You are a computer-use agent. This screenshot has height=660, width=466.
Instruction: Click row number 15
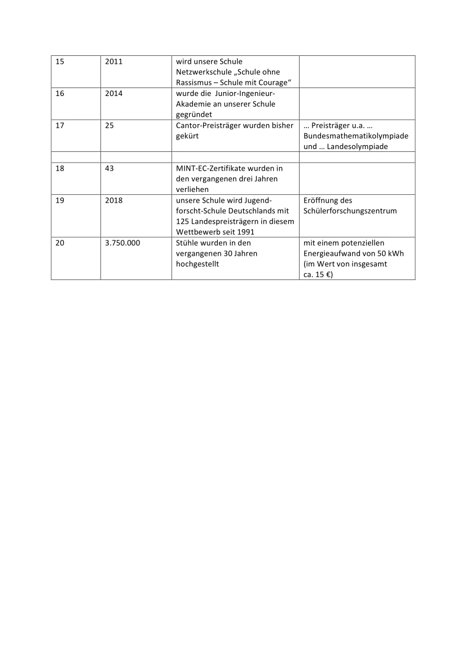pos(60,61)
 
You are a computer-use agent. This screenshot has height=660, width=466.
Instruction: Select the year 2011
pos(113,61)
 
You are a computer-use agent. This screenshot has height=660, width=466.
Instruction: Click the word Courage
pos(273,82)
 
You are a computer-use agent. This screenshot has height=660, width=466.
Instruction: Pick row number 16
pos(60,93)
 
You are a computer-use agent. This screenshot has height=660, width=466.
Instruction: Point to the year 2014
pos(113,93)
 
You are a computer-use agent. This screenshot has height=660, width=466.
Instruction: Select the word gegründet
pos(194,115)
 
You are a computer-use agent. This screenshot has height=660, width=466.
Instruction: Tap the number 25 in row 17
pos(109,125)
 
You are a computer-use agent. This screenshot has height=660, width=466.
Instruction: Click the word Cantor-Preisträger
pos(208,125)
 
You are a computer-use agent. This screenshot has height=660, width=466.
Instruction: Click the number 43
pos(109,168)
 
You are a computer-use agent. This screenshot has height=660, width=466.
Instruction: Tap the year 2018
pos(113,200)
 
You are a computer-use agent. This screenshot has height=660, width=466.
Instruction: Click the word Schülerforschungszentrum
pos(350,211)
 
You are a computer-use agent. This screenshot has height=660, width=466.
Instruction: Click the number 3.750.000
pos(122,243)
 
